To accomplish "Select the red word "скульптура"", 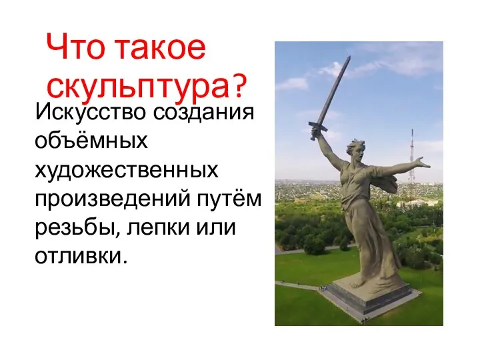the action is [138, 85].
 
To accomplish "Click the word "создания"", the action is [203, 113].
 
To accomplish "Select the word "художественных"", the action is [127, 170].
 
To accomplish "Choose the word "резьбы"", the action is [77, 228].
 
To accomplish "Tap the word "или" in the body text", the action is [216, 227].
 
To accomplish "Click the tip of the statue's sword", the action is [349, 57].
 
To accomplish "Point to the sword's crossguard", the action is [318, 127].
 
